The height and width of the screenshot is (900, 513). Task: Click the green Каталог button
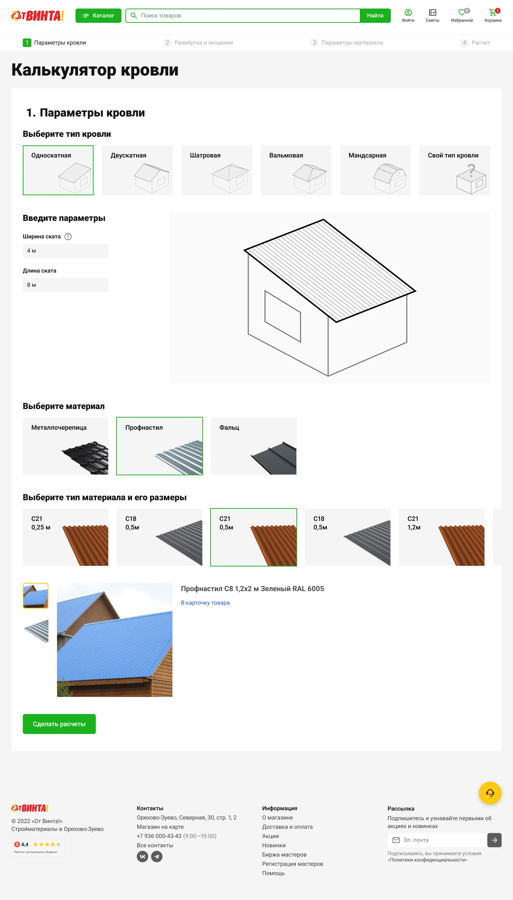(98, 15)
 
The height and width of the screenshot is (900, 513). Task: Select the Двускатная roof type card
(137, 170)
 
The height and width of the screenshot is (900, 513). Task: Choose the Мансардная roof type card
(375, 170)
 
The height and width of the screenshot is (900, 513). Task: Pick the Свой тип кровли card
(455, 170)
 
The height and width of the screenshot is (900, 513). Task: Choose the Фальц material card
(253, 446)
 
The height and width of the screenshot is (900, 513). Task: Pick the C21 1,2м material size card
(441, 537)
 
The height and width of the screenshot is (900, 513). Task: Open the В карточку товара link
(205, 603)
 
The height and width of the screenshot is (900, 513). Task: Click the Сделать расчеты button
(59, 724)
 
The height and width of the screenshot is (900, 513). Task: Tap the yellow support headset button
(490, 793)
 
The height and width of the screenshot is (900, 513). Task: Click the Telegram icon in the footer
(157, 856)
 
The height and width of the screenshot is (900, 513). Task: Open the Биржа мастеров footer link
(284, 855)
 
